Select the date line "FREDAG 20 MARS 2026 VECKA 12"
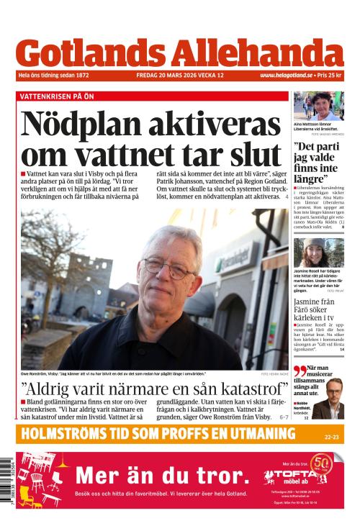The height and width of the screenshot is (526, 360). point(180,76)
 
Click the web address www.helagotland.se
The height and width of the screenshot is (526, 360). point(287,76)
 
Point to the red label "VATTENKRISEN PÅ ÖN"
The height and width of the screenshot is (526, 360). point(57,96)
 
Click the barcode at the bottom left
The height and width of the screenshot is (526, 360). point(6,481)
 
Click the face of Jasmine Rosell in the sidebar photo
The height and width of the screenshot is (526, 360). point(315,253)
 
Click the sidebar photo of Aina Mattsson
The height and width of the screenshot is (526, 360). point(318,106)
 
